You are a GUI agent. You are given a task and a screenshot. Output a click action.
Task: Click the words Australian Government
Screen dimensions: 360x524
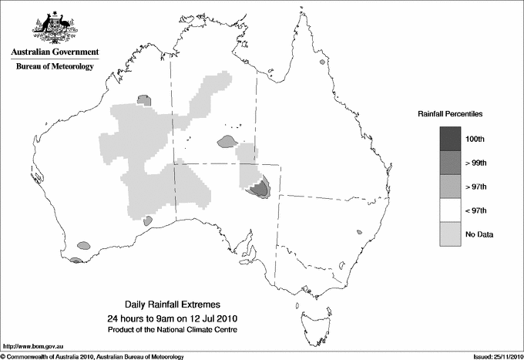(54, 53)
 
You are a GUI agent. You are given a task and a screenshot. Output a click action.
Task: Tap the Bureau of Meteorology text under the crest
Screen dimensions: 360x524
(54, 67)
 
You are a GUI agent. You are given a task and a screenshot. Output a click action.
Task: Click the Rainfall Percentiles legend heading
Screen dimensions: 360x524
(450, 113)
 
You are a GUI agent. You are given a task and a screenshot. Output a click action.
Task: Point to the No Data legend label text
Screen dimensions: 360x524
(478, 234)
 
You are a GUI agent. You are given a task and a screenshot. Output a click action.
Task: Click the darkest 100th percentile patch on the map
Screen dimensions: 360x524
(263, 187)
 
